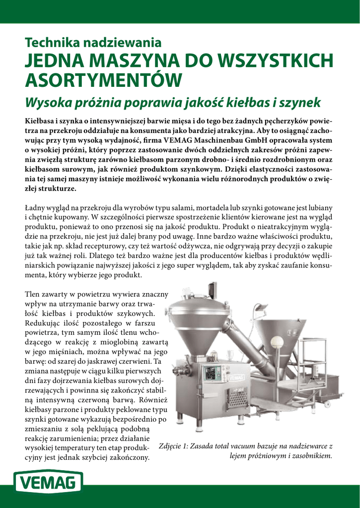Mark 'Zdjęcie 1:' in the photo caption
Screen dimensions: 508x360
pyautogui.click(x=174, y=445)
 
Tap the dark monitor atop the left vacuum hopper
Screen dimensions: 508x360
pyautogui.click(x=213, y=291)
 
